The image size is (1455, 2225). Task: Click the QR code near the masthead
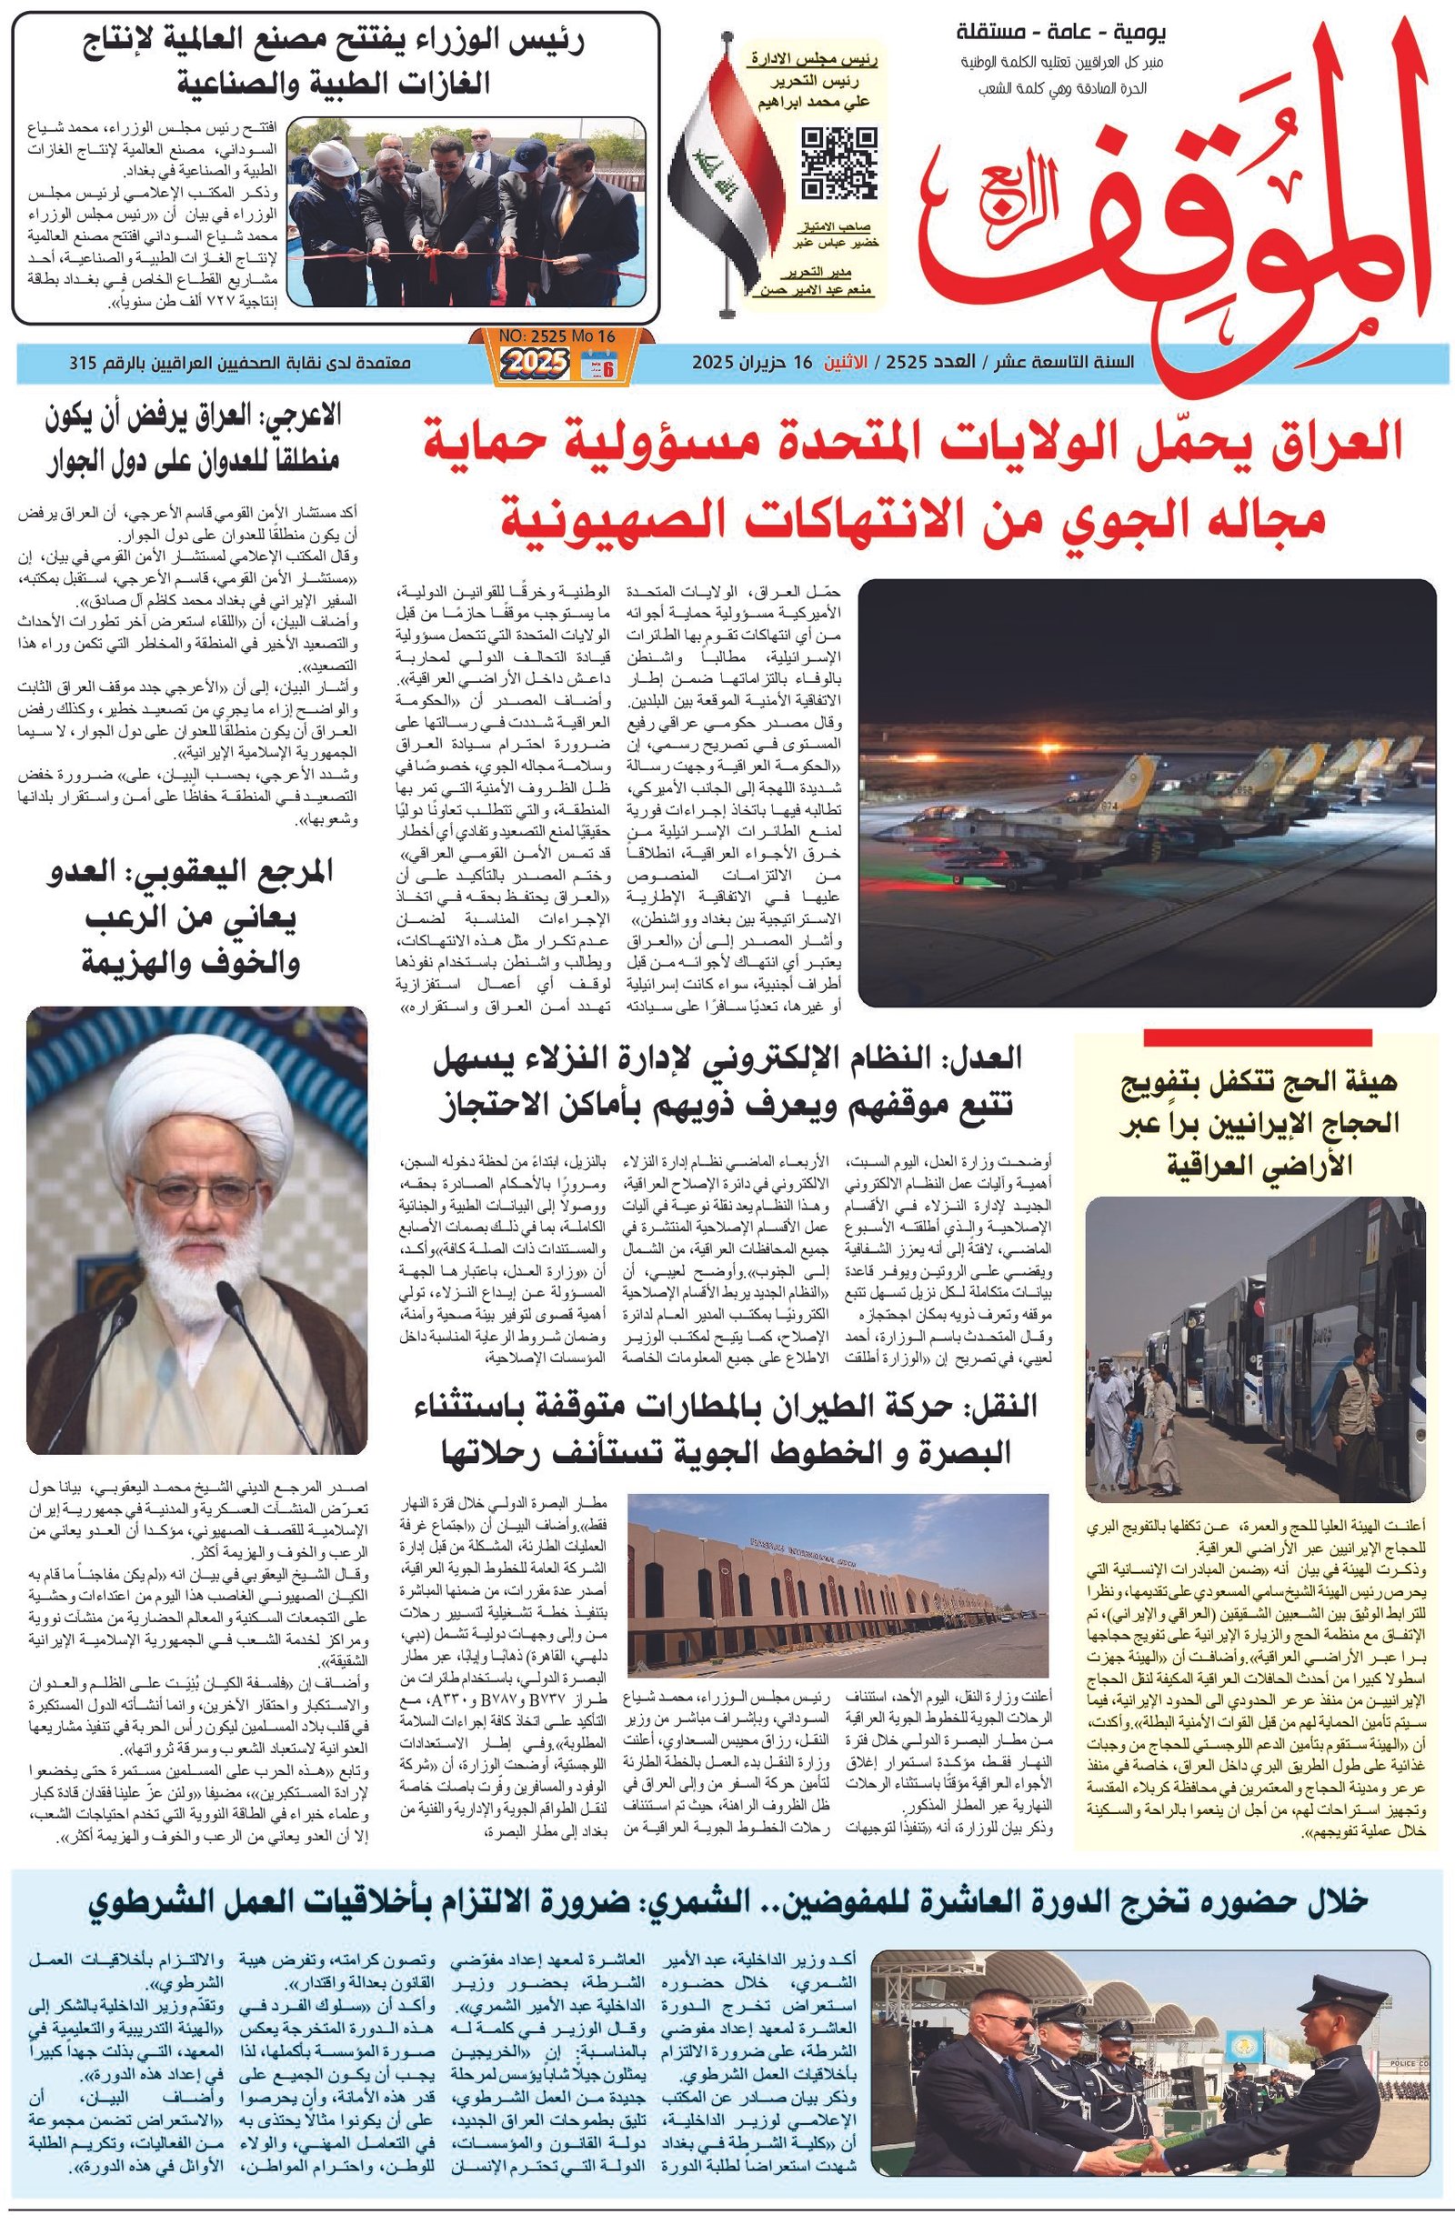pos(838,164)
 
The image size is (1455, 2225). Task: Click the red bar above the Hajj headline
pos(1257,1037)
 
